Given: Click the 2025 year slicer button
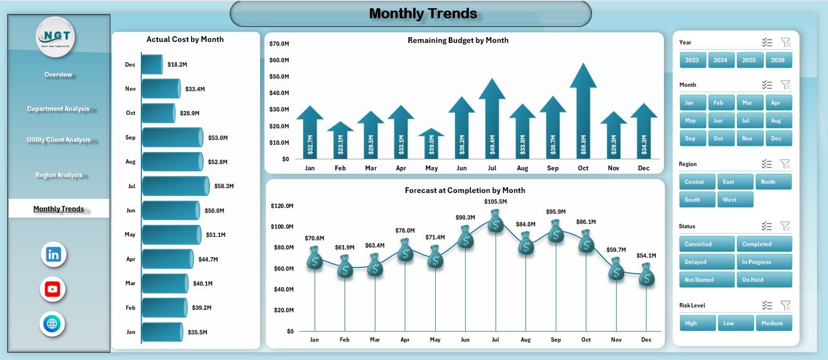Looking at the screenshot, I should click(x=749, y=60).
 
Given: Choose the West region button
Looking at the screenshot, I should click(x=735, y=200).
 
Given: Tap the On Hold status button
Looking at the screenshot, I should click(x=764, y=280).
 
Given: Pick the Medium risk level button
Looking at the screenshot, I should click(x=773, y=323).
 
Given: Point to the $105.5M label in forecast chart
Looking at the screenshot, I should click(x=495, y=202).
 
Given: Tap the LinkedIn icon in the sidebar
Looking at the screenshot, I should click(x=53, y=254).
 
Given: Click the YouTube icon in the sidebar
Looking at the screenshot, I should click(x=53, y=289).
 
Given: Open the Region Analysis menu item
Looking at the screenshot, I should click(x=58, y=175).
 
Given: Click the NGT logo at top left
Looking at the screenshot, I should click(x=56, y=37).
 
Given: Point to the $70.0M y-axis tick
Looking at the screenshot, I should click(x=279, y=44).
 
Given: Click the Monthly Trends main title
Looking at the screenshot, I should click(x=423, y=13).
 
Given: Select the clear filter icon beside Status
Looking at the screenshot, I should click(x=785, y=226).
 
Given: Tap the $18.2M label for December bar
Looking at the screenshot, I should click(x=177, y=65).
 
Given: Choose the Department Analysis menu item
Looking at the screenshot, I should click(x=58, y=109).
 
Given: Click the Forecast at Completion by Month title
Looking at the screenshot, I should click(x=465, y=190).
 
